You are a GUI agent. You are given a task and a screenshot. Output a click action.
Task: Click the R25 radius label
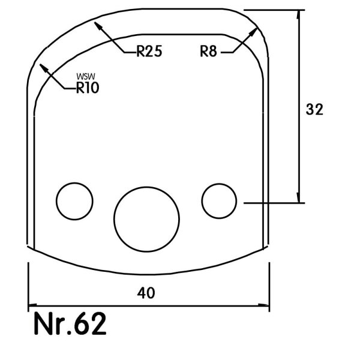point(149,51)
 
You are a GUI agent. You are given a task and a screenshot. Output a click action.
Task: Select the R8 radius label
point(208,51)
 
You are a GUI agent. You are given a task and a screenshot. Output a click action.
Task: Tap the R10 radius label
point(88,88)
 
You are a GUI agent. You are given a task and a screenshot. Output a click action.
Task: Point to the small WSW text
point(86,76)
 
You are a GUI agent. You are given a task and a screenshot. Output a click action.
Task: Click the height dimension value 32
point(314,109)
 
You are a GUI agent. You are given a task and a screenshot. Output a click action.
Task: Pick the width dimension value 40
point(146,293)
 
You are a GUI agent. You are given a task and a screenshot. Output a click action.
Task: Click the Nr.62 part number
point(70,323)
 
